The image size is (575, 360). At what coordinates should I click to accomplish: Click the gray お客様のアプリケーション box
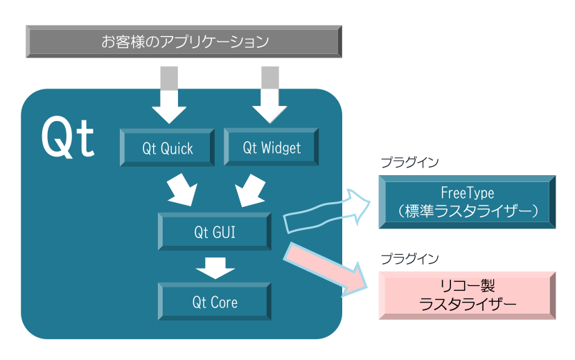[x=184, y=42]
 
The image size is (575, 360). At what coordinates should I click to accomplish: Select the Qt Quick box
[x=168, y=147]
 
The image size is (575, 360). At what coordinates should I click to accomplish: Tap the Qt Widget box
[x=272, y=147]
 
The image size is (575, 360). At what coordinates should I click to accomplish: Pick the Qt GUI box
[x=215, y=232]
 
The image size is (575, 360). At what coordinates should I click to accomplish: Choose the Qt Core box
[x=215, y=303]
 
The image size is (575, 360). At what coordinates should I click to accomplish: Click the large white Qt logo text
[x=67, y=138]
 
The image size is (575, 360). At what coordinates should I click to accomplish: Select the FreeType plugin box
[x=467, y=201]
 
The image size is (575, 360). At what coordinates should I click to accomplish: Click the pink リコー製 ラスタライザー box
[x=467, y=295]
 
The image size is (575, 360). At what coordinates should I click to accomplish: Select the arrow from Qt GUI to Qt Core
[x=215, y=267]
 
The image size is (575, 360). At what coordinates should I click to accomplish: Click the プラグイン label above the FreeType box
[x=409, y=163]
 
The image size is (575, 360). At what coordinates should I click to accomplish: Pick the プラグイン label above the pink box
[x=409, y=258]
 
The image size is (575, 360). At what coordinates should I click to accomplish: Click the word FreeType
[x=468, y=192]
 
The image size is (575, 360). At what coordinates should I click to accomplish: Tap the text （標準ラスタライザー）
[x=468, y=211]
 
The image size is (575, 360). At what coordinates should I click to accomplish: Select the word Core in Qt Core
[x=224, y=303]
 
